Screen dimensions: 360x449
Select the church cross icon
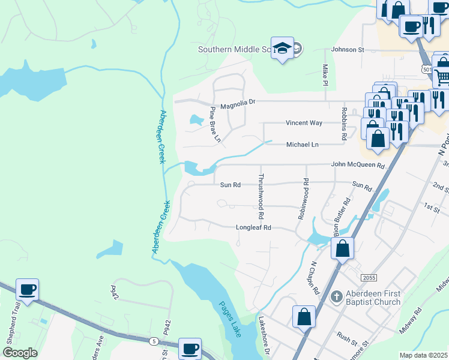tap(337, 297)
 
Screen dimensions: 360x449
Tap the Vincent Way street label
tap(304, 122)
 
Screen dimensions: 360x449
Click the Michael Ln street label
tap(302, 145)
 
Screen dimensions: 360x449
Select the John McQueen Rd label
tap(357, 164)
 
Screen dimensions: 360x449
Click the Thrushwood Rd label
tap(261, 197)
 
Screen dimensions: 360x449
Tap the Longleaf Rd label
tap(254, 227)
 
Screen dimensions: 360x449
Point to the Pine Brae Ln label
tap(215, 124)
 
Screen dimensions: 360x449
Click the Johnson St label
tap(348, 50)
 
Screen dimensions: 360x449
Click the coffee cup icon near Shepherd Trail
tap(27, 289)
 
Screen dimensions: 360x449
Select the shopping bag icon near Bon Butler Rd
tap(342, 247)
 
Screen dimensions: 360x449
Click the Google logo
tap(20, 353)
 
